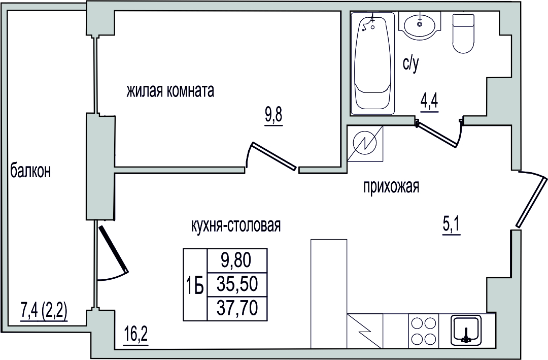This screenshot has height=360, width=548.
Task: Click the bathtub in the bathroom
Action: click(372, 63)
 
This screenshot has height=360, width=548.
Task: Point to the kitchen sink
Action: click(466, 329)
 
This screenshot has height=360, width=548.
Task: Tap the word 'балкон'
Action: click(30, 172)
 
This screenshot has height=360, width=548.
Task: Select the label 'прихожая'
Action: click(391, 187)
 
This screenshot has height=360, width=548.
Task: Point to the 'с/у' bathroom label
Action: click(410, 64)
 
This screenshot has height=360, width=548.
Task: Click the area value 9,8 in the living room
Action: click(273, 115)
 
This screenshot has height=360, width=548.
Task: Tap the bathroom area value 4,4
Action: click(429, 104)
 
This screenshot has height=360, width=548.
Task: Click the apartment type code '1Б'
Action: click(194, 288)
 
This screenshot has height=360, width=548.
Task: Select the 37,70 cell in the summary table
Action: click(237, 308)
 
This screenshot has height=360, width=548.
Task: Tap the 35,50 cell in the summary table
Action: click(237, 284)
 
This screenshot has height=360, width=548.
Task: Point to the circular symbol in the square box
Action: click(365, 143)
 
